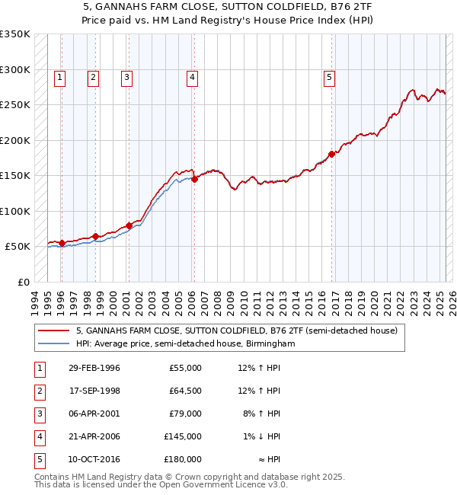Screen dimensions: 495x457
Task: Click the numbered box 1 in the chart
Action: pyautogui.click(x=59, y=77)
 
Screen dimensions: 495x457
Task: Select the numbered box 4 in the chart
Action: pyautogui.click(x=193, y=77)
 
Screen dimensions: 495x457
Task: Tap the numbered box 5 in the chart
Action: pyautogui.click(x=329, y=77)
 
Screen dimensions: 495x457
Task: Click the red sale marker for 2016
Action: pyautogui.click(x=332, y=155)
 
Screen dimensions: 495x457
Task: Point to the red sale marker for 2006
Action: pyautogui.click(x=194, y=179)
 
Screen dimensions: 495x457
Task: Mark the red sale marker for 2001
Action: pyautogui.click(x=129, y=225)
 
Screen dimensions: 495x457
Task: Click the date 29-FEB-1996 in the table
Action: pyautogui.click(x=94, y=368)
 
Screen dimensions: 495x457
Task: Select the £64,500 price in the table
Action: pyautogui.click(x=184, y=391)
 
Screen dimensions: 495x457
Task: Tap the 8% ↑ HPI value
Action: pyautogui.click(x=262, y=414)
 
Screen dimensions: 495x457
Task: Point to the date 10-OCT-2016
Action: pyautogui.click(x=94, y=459)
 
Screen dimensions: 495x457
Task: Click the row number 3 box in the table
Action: pyautogui.click(x=38, y=414)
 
